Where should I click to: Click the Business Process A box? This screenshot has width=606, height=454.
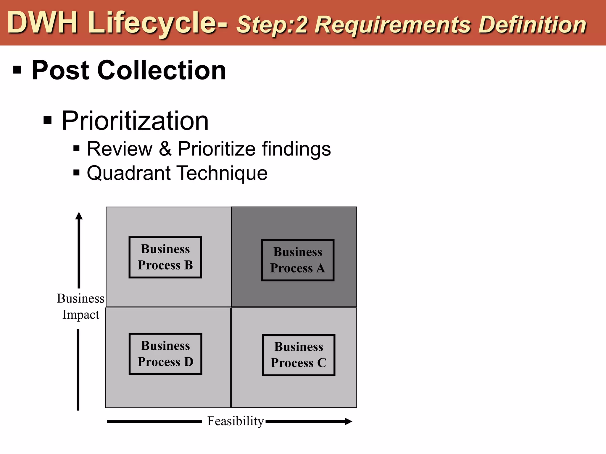click(298, 260)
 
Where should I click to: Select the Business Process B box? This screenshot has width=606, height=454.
click(165, 257)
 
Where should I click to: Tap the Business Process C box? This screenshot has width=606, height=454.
click(299, 355)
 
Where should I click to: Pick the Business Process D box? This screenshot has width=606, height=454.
click(165, 354)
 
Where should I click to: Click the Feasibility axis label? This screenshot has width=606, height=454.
click(235, 421)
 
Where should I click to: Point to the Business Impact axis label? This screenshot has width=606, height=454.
click(81, 307)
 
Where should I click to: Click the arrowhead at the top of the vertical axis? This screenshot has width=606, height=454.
click(79, 216)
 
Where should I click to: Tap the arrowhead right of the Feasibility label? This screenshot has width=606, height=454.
click(348, 421)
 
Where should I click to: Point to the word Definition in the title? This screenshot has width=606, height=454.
click(532, 25)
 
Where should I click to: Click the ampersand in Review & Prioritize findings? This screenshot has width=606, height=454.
click(165, 149)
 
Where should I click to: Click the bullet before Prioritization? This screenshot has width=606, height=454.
click(48, 120)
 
